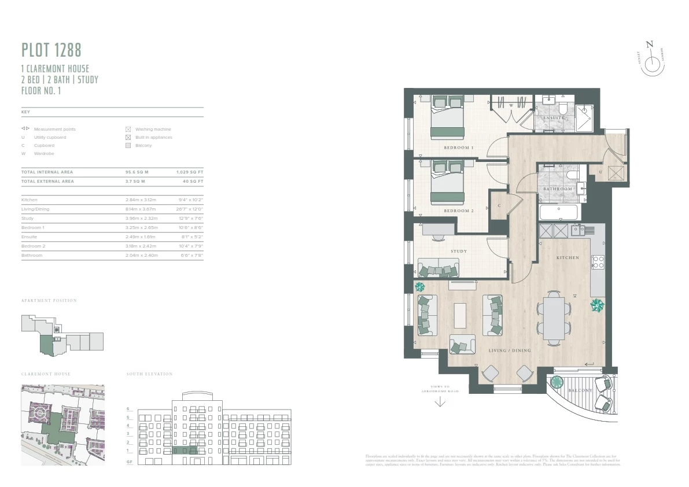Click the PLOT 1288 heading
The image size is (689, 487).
pyautogui.click(x=51, y=50)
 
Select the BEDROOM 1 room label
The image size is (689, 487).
pyautogui.click(x=458, y=148)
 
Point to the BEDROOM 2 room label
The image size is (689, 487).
pyautogui.click(x=458, y=211)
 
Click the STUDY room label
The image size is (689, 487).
pyautogui.click(x=459, y=252)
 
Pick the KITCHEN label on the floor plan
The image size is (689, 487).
pyautogui.click(x=567, y=257)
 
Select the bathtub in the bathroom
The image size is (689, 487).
pyautogui.click(x=559, y=212)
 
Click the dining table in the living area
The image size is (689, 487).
pyautogui.click(x=554, y=317)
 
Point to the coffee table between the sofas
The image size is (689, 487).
pyautogui.click(x=460, y=316)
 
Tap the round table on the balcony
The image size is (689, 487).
pyautogui.click(x=557, y=382)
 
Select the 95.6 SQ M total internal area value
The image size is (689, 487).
pyautogui.click(x=137, y=172)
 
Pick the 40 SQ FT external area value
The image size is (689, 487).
pyautogui.click(x=193, y=182)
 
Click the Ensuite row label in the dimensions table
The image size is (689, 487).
pyautogui.click(x=29, y=237)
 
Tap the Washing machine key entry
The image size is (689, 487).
pyautogui.click(x=153, y=130)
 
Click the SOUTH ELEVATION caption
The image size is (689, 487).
pyautogui.click(x=149, y=374)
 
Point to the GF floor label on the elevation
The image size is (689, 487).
pyautogui.click(x=130, y=462)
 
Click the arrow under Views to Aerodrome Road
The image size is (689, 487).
pyautogui.click(x=440, y=403)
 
